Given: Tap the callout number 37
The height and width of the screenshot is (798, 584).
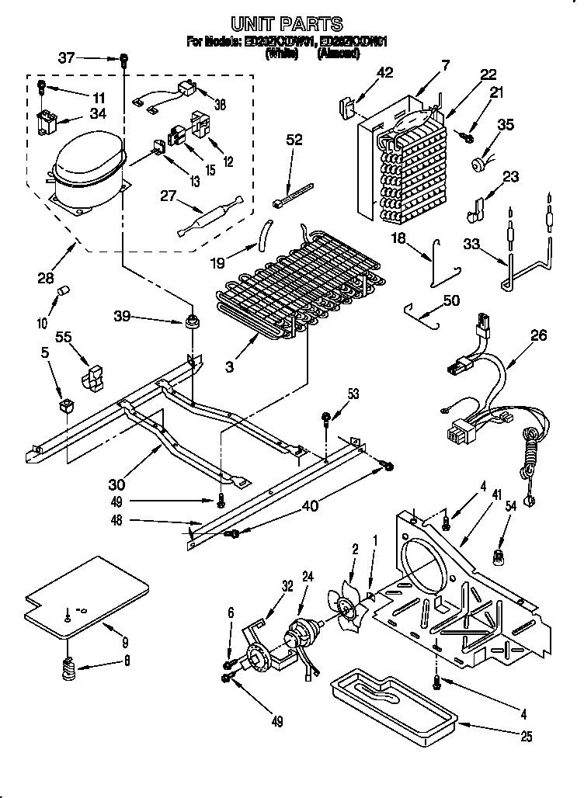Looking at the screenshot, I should pos(67,57).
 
